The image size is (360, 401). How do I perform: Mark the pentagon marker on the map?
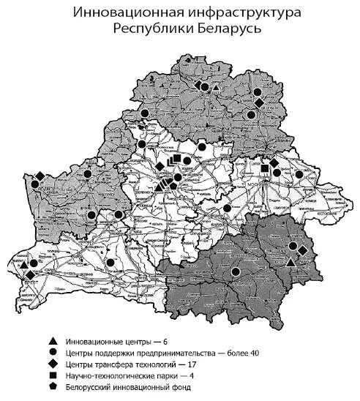coord(173,186)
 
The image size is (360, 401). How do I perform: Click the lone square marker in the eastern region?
coord(265,169)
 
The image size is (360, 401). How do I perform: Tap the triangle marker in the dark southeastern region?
coord(291,262)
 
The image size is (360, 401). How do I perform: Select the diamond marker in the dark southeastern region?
coord(302,252)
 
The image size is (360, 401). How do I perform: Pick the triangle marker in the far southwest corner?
coord(24,265)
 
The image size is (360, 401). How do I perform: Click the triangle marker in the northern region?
coord(206,88)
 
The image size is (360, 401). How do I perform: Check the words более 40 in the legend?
coord(243,353)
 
